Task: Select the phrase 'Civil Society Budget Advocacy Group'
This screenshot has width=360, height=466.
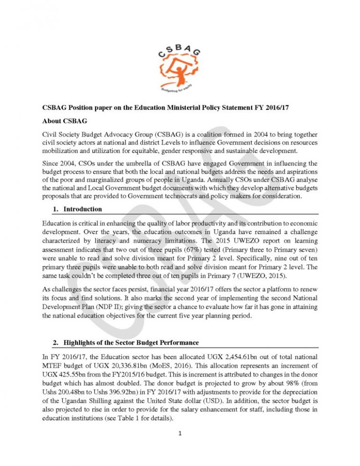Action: [100, 135]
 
